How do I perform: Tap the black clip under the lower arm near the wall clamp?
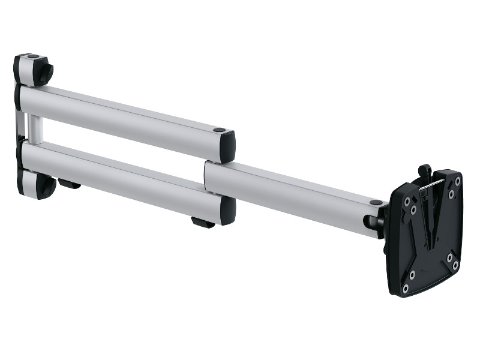point(70,184)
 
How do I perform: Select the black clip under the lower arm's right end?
point(202,223)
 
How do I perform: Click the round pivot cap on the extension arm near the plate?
point(376,203)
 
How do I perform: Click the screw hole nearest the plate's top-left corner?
point(410,201)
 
